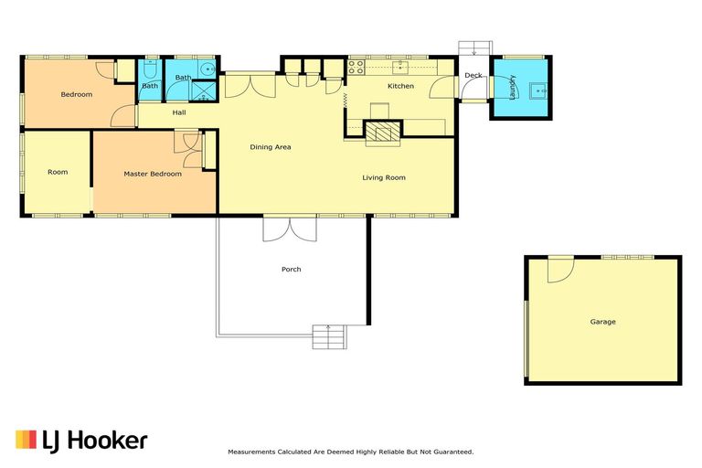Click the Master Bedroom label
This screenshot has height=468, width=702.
(153, 174)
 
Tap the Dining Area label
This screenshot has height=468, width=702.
(271, 147)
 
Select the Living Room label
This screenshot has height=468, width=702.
(384, 178)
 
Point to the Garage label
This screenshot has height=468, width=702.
(602, 322)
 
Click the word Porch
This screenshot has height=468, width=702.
(291, 269)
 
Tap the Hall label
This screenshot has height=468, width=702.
(179, 112)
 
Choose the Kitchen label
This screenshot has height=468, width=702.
(400, 86)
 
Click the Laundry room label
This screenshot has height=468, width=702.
(513, 87)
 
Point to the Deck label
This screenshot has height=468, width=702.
(473, 75)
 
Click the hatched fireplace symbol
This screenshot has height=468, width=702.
(383, 133)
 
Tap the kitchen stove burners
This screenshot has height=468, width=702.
(356, 67)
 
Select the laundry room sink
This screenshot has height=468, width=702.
(537, 90)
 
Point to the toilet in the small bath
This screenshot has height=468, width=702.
(150, 69)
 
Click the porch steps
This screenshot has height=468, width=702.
(329, 337)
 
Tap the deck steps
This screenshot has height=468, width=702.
(475, 48)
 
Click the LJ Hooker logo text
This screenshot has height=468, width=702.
(95, 441)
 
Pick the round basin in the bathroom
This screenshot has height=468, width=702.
(207, 69)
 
